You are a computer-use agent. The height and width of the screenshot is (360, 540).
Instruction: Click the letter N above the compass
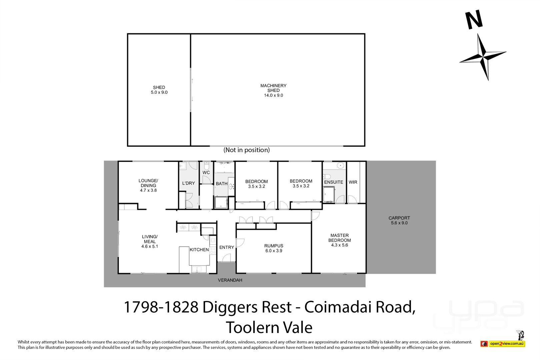(474, 20)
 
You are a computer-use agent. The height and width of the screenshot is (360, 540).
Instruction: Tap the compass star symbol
(483, 57)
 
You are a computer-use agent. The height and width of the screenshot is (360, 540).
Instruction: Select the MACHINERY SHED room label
(273, 88)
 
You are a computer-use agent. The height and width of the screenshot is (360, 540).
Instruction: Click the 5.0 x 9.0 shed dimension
(159, 92)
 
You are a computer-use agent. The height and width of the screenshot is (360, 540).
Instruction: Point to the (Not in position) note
(246, 150)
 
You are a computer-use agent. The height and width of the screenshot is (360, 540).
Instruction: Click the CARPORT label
(399, 218)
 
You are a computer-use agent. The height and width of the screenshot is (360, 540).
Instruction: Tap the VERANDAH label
(230, 280)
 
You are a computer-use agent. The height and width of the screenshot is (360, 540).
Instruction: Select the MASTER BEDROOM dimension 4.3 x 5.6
(339, 245)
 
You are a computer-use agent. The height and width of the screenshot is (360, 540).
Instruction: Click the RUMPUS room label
(274, 246)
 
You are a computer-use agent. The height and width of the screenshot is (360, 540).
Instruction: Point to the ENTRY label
(227, 247)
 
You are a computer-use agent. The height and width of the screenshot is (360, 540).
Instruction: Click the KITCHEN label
(199, 250)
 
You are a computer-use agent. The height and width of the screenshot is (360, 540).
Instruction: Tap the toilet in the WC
(207, 166)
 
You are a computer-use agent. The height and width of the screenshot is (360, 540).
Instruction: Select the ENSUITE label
(333, 182)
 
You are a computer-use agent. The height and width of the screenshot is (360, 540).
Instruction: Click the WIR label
(353, 182)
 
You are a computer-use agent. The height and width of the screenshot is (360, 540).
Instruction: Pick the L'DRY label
(189, 183)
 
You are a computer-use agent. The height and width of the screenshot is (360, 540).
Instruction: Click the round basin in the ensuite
(340, 165)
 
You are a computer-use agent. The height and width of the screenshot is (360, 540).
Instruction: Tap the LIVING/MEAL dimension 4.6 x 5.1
(149, 246)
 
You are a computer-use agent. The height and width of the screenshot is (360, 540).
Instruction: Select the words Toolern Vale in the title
(269, 327)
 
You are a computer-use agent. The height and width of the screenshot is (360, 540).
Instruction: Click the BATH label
(222, 184)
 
